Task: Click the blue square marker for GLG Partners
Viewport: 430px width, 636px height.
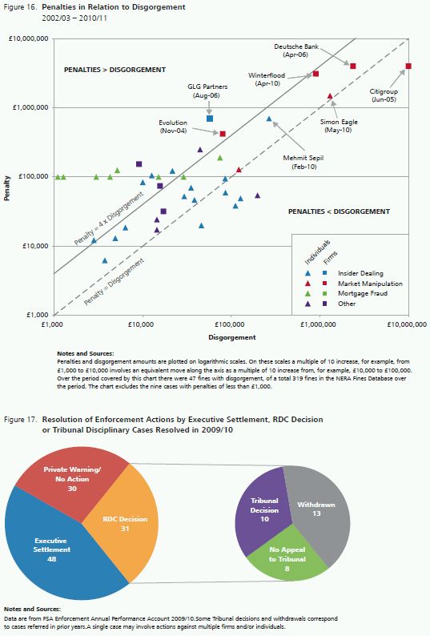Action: click(210, 119)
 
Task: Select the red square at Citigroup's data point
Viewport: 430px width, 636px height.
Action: click(408, 66)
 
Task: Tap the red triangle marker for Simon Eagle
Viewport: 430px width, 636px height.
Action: click(330, 96)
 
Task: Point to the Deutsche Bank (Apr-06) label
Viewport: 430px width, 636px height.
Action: click(296, 50)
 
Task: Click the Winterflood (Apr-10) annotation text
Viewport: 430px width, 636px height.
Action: click(267, 79)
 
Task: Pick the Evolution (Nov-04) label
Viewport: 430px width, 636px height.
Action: click(173, 127)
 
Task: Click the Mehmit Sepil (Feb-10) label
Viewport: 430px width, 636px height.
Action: click(303, 163)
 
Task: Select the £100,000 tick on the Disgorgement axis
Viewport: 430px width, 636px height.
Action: click(230, 324)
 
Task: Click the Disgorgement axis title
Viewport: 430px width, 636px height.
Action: click(232, 337)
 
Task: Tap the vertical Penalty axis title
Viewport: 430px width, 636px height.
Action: click(7, 187)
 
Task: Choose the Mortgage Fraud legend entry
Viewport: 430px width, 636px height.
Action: click(363, 293)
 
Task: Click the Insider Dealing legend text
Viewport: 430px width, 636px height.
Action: click(360, 273)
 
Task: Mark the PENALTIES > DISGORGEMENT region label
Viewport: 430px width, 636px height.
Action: click(115, 70)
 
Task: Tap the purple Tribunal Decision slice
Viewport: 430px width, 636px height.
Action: click(263, 510)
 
